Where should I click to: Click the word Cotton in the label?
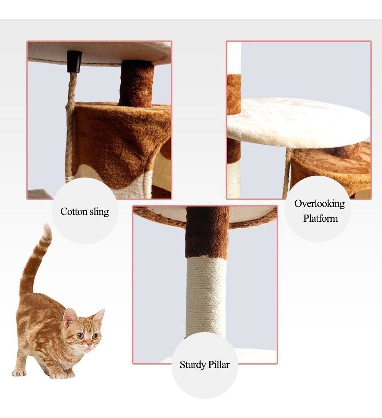click(74, 211)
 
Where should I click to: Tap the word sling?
click(99, 211)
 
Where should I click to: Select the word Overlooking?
click(319, 204)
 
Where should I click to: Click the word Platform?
click(320, 218)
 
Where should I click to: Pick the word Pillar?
click(219, 365)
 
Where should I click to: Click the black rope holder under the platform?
click(74, 61)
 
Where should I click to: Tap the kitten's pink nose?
click(89, 344)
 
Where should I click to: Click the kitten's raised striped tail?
click(35, 261)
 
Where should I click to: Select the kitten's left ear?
click(70, 317)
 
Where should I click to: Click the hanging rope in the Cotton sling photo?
click(70, 125)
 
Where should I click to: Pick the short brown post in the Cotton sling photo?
click(137, 84)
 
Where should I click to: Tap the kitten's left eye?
click(80, 336)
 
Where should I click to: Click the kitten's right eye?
click(95, 336)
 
